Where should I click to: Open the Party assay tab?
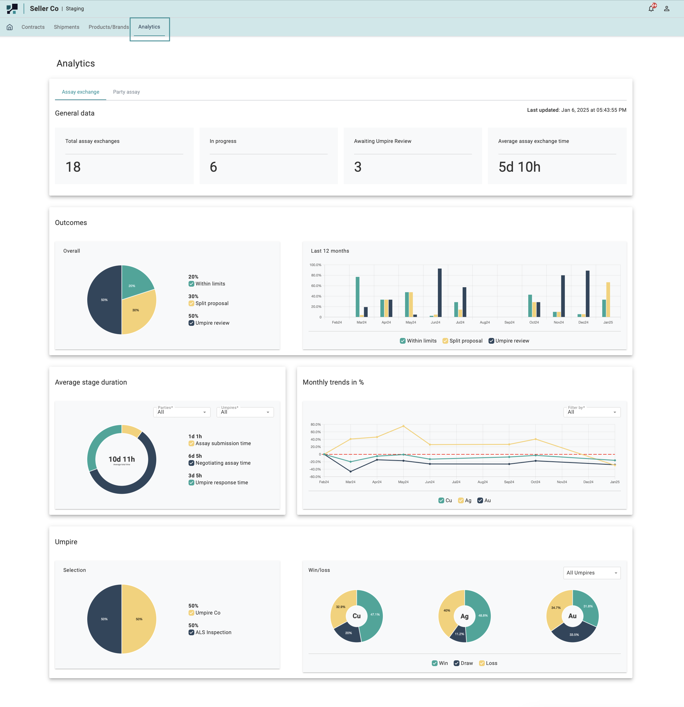[x=126, y=92]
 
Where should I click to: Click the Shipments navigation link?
[x=66, y=27]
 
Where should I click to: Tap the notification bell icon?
[x=651, y=9]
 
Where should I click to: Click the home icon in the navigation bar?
[x=10, y=27]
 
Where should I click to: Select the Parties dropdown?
[x=182, y=412]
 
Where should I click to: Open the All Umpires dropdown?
[x=591, y=573]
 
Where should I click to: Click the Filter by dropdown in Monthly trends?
[x=591, y=412]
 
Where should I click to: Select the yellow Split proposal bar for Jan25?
[x=608, y=299]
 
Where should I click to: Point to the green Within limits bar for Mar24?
[x=358, y=296]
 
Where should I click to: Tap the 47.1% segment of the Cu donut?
[x=373, y=617]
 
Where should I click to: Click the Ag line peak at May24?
[x=403, y=426]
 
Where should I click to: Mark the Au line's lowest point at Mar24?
[x=351, y=471]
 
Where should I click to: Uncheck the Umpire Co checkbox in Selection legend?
[x=191, y=613]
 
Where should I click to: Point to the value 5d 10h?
[x=519, y=167]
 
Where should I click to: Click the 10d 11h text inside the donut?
[x=122, y=459]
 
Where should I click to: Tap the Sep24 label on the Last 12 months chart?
[x=509, y=322]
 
